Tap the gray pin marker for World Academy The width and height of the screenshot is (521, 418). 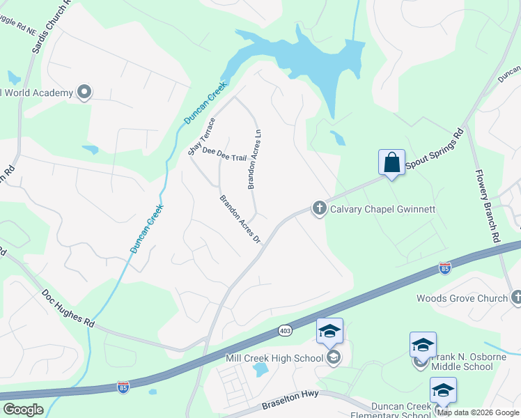pos(84,92)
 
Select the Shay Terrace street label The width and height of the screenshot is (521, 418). pos(202,137)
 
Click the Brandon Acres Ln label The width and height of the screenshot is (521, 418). pos(254,159)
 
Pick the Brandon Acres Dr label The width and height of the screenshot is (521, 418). pos(240,219)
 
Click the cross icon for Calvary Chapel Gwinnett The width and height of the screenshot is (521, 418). pos(319,208)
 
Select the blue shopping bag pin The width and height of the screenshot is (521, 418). pos(391,163)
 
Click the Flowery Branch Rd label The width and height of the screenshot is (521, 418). pos(488,206)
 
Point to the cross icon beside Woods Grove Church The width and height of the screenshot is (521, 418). pos(516,298)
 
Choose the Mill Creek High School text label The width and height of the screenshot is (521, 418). pos(274,358)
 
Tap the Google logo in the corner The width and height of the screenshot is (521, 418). pos(23,410)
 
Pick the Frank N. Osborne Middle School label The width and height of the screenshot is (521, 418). pos(462,362)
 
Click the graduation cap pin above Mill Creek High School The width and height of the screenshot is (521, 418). pos(329,332)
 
